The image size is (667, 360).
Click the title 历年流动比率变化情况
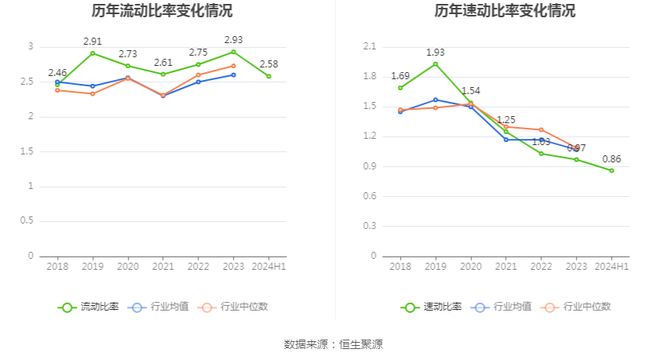162,11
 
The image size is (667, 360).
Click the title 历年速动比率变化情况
505,11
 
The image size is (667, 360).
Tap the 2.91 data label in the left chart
93,40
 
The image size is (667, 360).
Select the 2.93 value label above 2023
233,39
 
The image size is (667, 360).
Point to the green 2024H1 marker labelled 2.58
268,76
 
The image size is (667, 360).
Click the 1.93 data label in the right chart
436,52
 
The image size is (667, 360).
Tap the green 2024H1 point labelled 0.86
611,170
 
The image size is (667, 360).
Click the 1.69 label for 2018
400,76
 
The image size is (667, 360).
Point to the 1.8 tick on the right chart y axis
370,77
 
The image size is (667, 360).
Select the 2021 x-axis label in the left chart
162,267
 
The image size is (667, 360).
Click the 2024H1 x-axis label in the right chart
611,267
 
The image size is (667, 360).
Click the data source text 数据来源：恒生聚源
333,344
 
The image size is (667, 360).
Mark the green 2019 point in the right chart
436,64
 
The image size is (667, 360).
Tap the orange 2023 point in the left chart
233,66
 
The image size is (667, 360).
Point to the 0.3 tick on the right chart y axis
370,226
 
